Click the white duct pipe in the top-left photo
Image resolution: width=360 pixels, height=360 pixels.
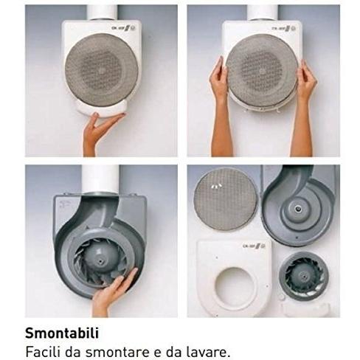pyautogui.click(x=103, y=13)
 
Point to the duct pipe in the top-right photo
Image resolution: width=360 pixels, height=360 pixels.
pyautogui.click(x=263, y=13)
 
